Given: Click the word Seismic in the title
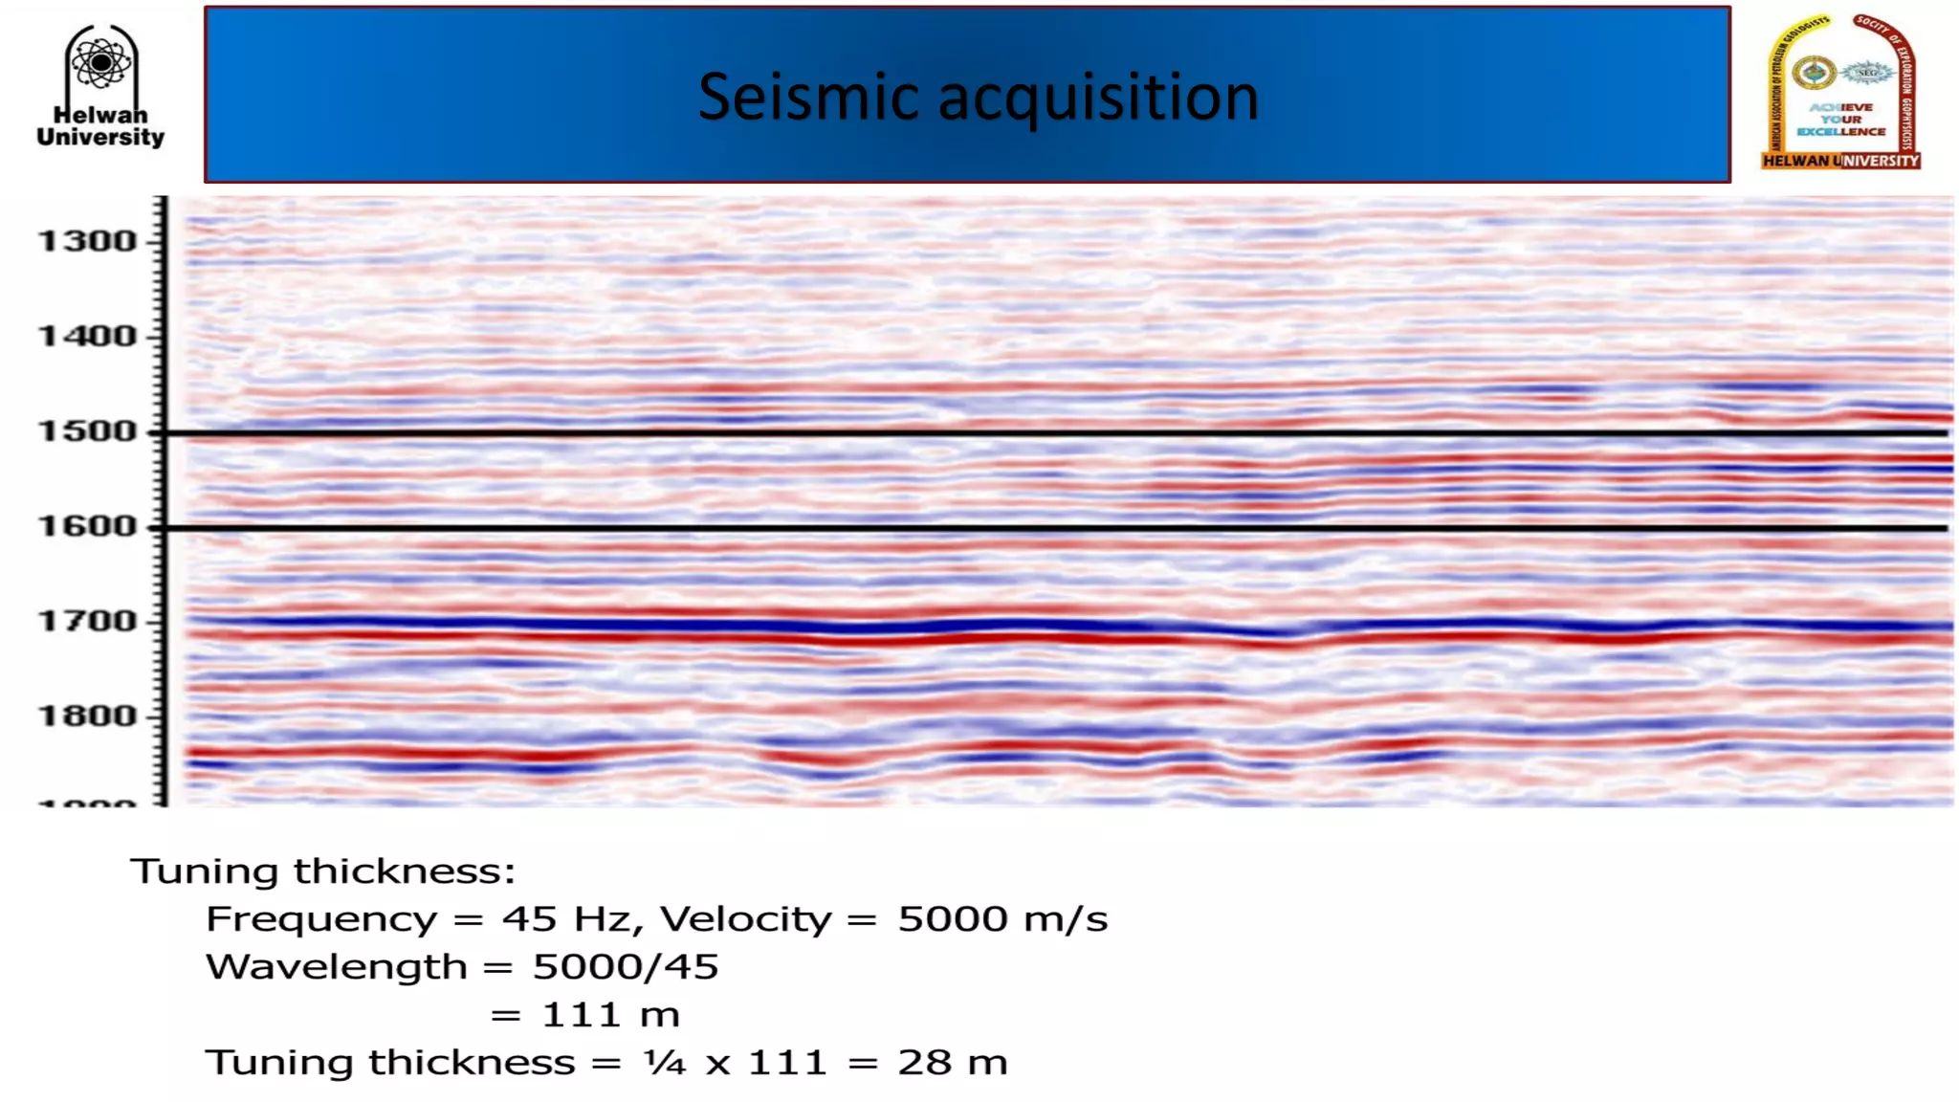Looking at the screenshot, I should (808, 98).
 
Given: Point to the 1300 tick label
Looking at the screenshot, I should (87, 241).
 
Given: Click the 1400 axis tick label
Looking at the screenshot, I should (87, 337).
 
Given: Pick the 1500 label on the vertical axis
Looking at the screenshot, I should (87, 431).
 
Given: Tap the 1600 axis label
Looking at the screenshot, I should (87, 526).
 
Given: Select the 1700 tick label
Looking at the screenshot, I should (87, 622).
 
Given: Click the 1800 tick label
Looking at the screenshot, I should (87, 716).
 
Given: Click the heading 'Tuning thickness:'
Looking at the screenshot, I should (322, 871).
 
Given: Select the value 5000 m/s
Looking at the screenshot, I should (1002, 919).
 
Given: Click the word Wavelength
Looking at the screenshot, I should (336, 967).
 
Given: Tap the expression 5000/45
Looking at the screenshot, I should (625, 967).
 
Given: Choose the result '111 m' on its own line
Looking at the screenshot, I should (610, 1015).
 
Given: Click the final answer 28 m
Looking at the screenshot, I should (952, 1063).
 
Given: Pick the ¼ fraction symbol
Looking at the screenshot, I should (665, 1063).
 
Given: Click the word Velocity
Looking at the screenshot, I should (745, 919).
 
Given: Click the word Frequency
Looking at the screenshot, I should (320, 919).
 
